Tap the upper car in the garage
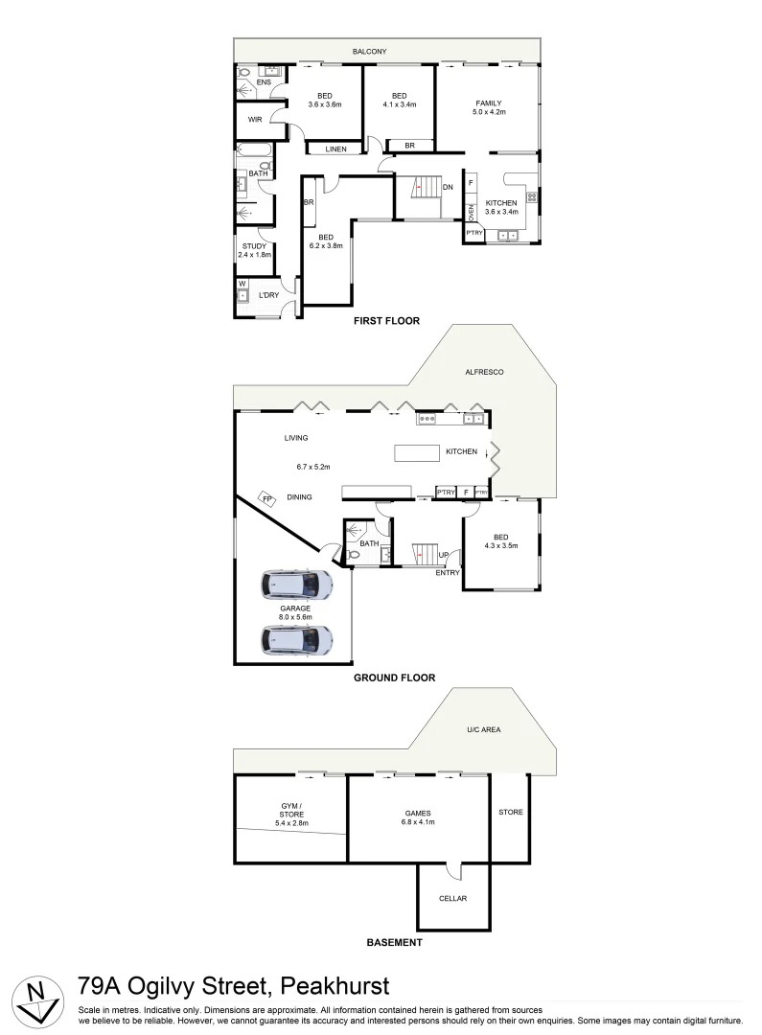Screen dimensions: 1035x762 (x=295, y=585)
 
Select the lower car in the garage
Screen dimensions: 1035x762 (x=295, y=639)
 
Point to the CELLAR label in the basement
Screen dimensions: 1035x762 (x=452, y=899)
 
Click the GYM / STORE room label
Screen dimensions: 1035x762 (x=289, y=814)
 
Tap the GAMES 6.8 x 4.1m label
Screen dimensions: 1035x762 (x=418, y=817)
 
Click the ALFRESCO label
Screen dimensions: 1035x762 (x=484, y=371)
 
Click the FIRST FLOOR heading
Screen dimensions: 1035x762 (x=387, y=321)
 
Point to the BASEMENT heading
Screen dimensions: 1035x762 (x=394, y=943)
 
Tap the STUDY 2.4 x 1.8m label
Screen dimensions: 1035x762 (x=255, y=251)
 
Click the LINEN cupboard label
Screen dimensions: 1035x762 (x=335, y=149)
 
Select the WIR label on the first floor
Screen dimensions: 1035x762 (x=255, y=120)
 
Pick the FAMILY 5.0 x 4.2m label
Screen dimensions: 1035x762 (x=488, y=107)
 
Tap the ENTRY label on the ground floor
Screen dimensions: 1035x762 (x=448, y=572)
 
